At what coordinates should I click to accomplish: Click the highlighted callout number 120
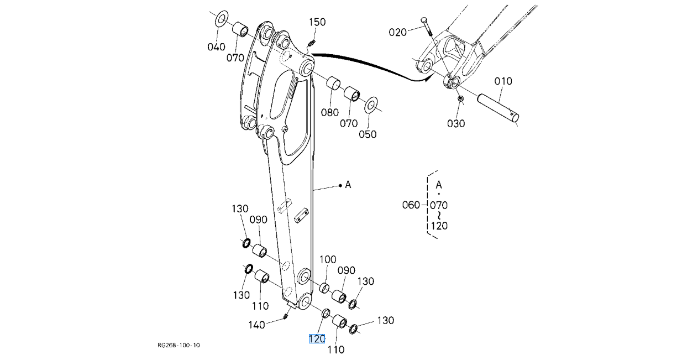(317, 339)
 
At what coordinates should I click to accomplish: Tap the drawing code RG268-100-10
(179, 345)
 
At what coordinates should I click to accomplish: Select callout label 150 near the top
(317, 22)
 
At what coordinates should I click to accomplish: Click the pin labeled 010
(498, 108)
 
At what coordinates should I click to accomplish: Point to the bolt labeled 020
(427, 26)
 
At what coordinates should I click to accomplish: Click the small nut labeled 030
(460, 99)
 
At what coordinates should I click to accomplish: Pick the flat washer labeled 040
(222, 18)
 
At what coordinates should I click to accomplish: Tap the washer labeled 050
(371, 105)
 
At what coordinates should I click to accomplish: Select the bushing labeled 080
(333, 83)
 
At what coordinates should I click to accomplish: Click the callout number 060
(411, 205)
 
